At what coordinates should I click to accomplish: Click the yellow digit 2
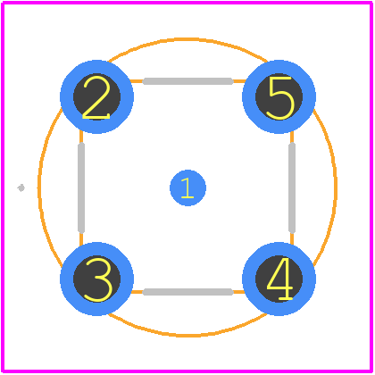[x=96, y=97]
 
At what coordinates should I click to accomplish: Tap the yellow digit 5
[x=280, y=98]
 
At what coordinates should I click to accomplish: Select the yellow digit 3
[x=98, y=279]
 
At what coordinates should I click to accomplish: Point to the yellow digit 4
[x=279, y=279]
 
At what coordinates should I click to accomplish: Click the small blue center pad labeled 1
[x=187, y=187]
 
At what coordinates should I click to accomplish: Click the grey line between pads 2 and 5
[x=187, y=81]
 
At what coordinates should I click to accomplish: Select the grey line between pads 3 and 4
[x=187, y=292]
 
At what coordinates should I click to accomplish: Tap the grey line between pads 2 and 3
[x=81, y=187]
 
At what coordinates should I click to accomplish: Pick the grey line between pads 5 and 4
[x=292, y=187]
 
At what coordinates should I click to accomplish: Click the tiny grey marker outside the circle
[x=21, y=187]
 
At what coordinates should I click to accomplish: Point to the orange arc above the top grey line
[x=187, y=39]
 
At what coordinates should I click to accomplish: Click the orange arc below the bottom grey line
[x=187, y=336]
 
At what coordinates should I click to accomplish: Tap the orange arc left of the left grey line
[x=39, y=187]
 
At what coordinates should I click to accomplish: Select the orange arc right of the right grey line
[x=336, y=187]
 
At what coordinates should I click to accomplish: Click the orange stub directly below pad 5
[x=292, y=137]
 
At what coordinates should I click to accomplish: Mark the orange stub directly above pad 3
[x=81, y=238]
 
